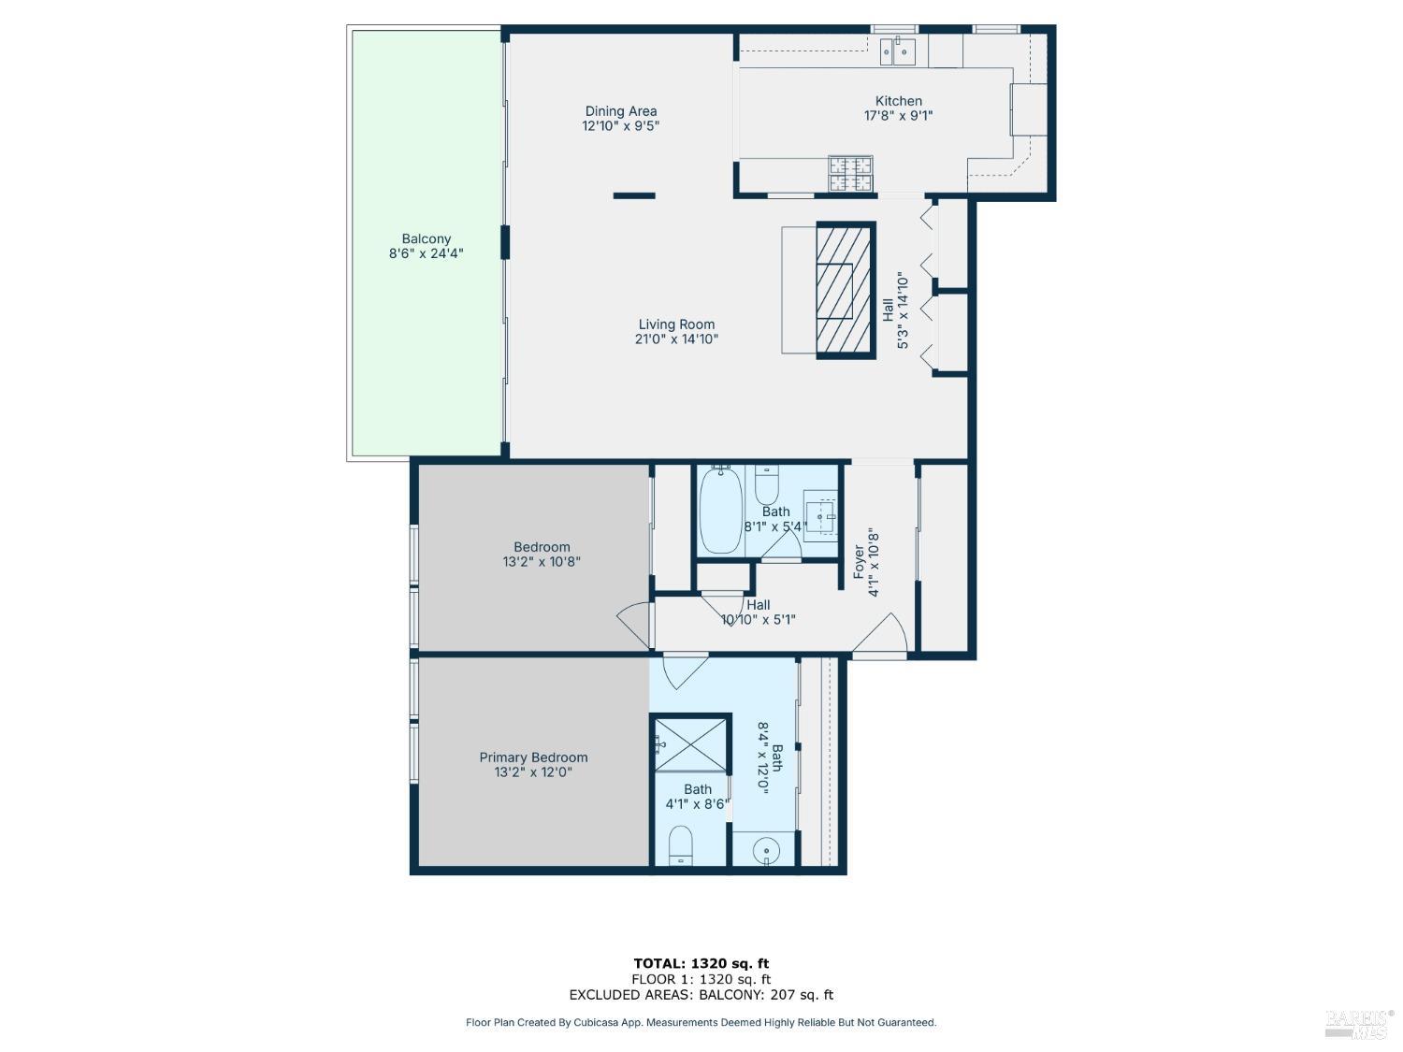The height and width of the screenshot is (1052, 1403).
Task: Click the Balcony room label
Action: tap(426, 239)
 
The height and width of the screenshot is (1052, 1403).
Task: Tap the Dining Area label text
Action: tap(620, 111)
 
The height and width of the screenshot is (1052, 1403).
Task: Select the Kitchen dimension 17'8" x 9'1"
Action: tap(898, 116)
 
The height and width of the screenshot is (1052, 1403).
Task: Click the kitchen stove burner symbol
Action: tap(850, 173)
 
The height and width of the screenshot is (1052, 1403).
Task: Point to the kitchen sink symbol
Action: tap(898, 51)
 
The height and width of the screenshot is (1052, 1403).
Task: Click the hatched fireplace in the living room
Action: tap(846, 291)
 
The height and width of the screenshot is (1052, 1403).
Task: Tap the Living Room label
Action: tap(676, 324)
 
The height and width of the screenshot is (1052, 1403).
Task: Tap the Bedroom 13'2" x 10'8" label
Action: tap(542, 547)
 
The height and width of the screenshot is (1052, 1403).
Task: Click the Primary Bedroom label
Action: tap(533, 757)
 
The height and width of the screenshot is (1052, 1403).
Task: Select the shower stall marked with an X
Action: tap(690, 743)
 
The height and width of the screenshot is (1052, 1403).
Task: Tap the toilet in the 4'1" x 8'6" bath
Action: tap(681, 844)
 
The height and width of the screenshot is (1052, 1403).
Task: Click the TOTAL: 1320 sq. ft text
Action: tap(701, 963)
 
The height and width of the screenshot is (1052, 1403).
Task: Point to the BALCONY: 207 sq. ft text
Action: tap(766, 995)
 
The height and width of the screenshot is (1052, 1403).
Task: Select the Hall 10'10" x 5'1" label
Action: tap(758, 605)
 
